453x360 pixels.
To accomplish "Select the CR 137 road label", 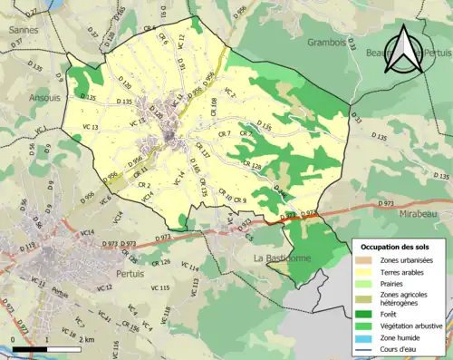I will [x=203, y=155].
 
